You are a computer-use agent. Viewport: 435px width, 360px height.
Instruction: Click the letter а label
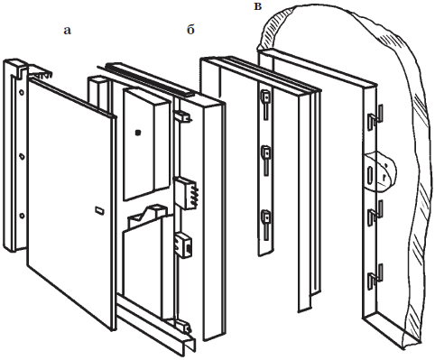tap(68, 31)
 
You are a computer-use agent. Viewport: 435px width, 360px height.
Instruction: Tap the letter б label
tap(190, 30)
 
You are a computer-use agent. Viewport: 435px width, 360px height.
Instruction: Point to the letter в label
tap(258, 6)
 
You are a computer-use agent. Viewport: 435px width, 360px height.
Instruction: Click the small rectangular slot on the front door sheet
tap(99, 210)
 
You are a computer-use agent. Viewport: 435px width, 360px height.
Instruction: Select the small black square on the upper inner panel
tap(138, 133)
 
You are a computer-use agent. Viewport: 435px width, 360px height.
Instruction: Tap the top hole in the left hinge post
tap(22, 93)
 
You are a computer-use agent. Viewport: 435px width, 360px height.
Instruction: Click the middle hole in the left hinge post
tap(22, 156)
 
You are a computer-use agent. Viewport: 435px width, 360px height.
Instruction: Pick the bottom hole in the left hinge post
tap(22, 216)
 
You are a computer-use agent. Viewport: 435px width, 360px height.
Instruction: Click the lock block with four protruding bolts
tap(186, 193)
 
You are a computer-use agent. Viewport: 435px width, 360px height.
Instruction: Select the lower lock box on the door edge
tap(184, 245)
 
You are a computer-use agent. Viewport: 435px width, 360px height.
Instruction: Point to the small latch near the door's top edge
tap(182, 116)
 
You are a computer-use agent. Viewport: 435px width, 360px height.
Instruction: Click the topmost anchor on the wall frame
tap(375, 117)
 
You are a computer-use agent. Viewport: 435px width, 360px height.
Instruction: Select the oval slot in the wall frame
tap(370, 175)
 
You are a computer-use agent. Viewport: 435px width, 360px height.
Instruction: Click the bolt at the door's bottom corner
tap(184, 327)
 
